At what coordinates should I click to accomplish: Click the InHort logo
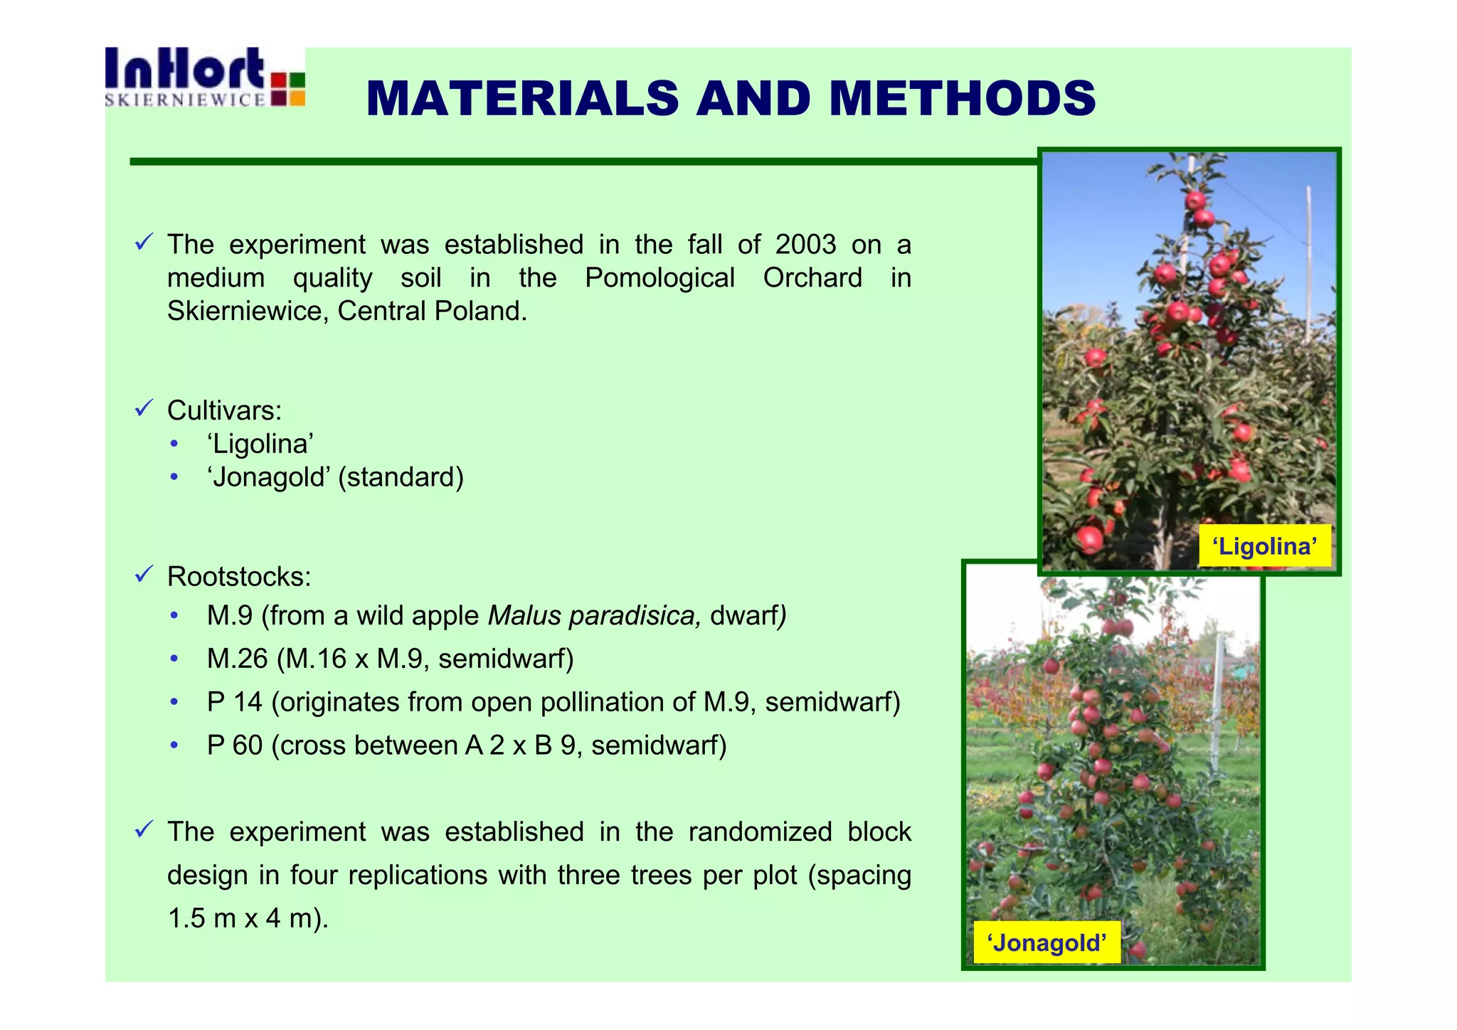point(204,77)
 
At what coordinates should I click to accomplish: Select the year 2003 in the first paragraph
point(805,245)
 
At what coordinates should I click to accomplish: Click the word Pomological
point(659,278)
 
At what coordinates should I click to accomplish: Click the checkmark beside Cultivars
point(144,409)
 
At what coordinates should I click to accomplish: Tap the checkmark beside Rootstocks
point(144,575)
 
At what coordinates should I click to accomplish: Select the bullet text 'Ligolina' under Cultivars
point(260,444)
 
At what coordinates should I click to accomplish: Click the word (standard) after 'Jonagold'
point(401,477)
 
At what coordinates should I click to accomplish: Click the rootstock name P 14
point(234,702)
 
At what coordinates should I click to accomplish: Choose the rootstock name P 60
point(234,745)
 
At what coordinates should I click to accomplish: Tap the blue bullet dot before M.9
point(174,615)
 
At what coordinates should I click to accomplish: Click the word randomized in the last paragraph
point(760,832)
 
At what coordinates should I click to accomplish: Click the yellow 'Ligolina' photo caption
point(1264,546)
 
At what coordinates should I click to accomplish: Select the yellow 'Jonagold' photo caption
point(1046,943)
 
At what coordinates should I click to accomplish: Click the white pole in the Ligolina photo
point(1308,263)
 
